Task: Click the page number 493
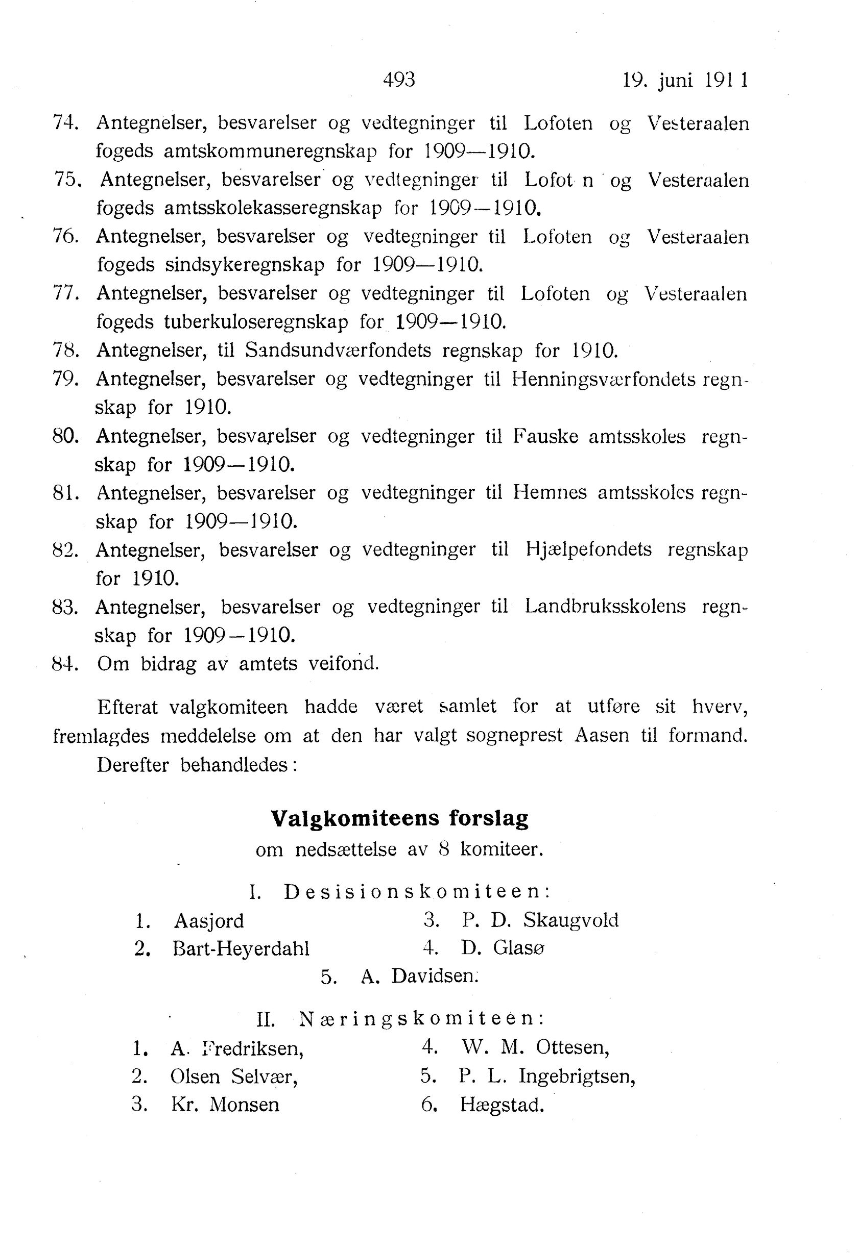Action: point(399,80)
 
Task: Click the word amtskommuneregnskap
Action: point(270,152)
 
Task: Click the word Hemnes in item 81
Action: point(550,492)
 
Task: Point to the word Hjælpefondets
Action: point(588,549)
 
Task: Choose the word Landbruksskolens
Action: point(605,607)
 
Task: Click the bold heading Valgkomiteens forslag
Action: point(399,818)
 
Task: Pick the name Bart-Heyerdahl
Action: point(241,948)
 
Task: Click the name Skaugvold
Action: point(570,920)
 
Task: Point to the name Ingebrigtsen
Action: point(577,1076)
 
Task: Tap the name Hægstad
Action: point(502,1105)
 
